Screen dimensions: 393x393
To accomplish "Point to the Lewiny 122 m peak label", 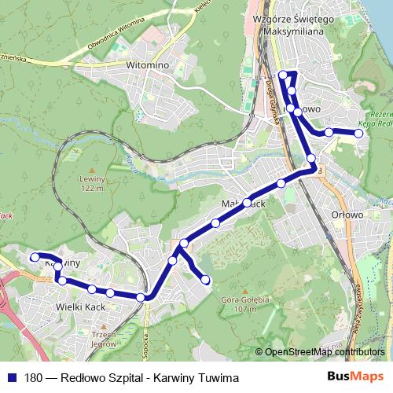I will click(x=92, y=183).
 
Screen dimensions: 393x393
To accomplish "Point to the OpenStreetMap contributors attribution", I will click(x=325, y=352).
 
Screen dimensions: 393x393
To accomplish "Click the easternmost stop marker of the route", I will click(x=359, y=134).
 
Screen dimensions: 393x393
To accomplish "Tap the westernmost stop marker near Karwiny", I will click(x=34, y=256).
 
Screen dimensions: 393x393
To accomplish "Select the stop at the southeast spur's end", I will click(x=207, y=279).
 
